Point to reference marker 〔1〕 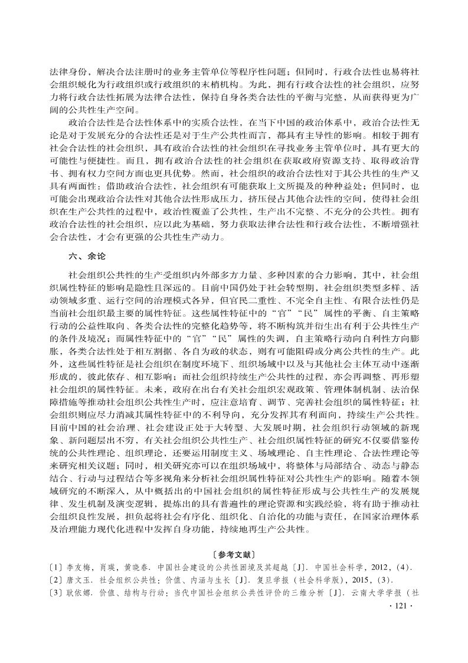(x=57, y=567)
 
